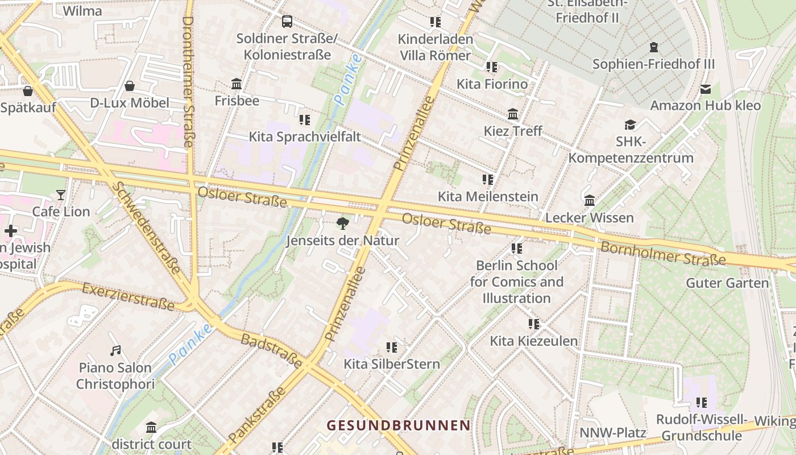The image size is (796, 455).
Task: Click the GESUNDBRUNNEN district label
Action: (x=399, y=425)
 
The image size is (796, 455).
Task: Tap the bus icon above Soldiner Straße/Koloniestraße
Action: (x=287, y=22)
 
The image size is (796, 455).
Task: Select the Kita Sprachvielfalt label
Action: (x=305, y=137)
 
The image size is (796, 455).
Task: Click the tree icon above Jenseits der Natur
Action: (x=342, y=223)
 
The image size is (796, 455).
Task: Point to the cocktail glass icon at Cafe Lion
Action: (x=61, y=195)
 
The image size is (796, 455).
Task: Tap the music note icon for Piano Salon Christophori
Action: (x=115, y=350)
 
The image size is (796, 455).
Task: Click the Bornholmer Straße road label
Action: (x=663, y=254)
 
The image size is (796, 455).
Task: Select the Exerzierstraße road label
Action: (x=128, y=297)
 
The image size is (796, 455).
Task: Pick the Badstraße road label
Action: (x=271, y=350)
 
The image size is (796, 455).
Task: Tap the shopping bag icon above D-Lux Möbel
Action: (x=130, y=86)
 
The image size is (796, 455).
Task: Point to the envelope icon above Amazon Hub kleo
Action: (x=706, y=89)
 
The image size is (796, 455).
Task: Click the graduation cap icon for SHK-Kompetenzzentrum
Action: (x=630, y=125)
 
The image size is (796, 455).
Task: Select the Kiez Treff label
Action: (x=513, y=131)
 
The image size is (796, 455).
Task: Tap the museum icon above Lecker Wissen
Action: (x=590, y=201)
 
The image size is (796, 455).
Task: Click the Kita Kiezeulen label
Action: (x=534, y=341)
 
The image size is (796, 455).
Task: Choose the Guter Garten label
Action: (x=727, y=283)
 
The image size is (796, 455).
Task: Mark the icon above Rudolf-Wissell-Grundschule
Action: (x=702, y=403)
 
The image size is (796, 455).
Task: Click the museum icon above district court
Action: (x=151, y=427)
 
